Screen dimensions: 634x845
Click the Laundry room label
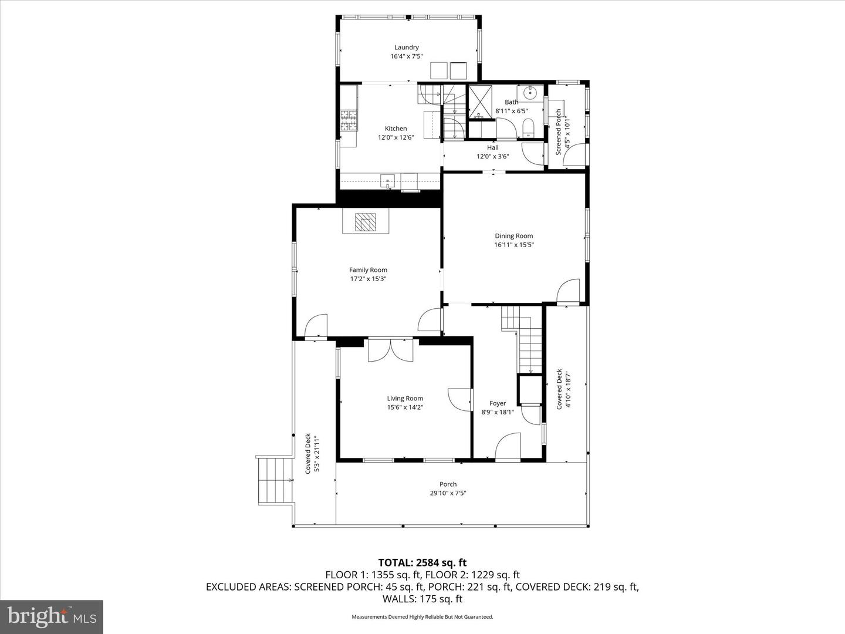tap(406, 48)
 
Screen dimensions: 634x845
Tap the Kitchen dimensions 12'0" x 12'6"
tap(396, 137)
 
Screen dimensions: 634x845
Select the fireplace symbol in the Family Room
tap(366, 222)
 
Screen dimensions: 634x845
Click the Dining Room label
tap(513, 236)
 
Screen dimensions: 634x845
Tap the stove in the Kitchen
tap(349, 121)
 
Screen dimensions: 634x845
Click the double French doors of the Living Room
tap(390, 350)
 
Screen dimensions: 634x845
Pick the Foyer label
tap(498, 403)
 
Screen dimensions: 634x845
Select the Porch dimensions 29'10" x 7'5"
tap(448, 493)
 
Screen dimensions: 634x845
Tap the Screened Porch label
tap(559, 131)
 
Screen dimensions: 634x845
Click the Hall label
tap(492, 147)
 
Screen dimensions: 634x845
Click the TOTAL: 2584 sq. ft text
tap(422, 563)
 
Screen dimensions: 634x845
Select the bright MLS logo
tap(52, 616)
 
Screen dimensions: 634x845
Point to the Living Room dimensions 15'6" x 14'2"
tap(405, 407)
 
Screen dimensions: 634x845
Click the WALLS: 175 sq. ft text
tap(422, 599)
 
